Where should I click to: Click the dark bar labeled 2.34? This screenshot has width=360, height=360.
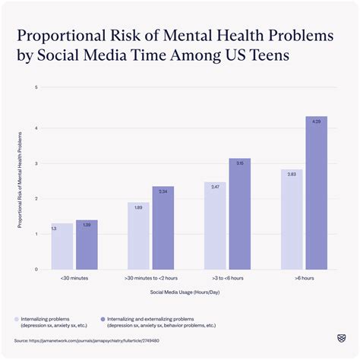[x=163, y=228]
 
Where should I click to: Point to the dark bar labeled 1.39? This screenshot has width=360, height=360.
[x=87, y=245]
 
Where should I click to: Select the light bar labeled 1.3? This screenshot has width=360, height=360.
[x=62, y=246]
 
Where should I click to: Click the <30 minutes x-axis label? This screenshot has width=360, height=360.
[x=74, y=279]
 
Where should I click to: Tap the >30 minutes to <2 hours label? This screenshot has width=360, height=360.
[x=150, y=279]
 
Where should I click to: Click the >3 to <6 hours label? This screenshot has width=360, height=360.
[x=227, y=279]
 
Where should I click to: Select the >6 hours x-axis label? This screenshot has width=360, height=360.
[x=304, y=279]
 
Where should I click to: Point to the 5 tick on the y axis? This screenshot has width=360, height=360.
[x=36, y=88]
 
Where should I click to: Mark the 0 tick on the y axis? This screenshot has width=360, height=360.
[x=36, y=270]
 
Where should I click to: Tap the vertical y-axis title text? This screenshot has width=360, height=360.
[x=21, y=178]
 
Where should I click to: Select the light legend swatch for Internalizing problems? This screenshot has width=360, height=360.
[x=17, y=319]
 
